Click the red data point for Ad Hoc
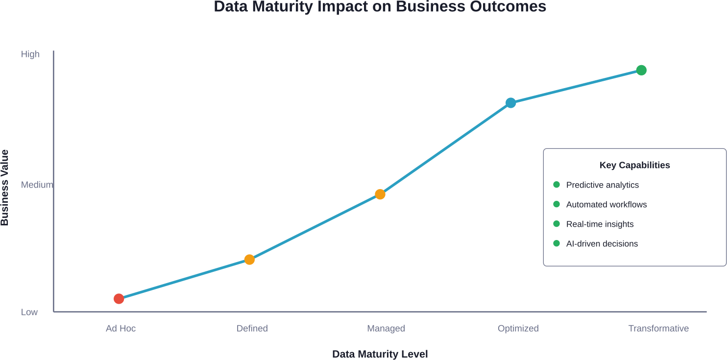coord(119,299)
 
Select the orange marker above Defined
coord(249,260)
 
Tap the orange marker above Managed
coord(380,194)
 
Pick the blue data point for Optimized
coord(511,103)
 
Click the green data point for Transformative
coord(641,71)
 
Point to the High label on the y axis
coord(30,54)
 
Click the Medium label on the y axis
coord(37,185)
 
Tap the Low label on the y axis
coord(29,312)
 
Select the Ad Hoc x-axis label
coord(121,328)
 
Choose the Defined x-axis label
coord(252,328)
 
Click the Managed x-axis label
coord(386,328)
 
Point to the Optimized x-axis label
coord(518,328)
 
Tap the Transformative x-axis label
coord(658,328)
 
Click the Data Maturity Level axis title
coord(380,354)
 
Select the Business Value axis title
coord(5,188)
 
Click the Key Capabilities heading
coord(634,165)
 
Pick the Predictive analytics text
coord(603,185)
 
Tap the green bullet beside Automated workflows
coord(557,204)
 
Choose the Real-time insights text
coord(600,224)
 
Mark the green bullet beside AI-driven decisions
coord(557,243)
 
